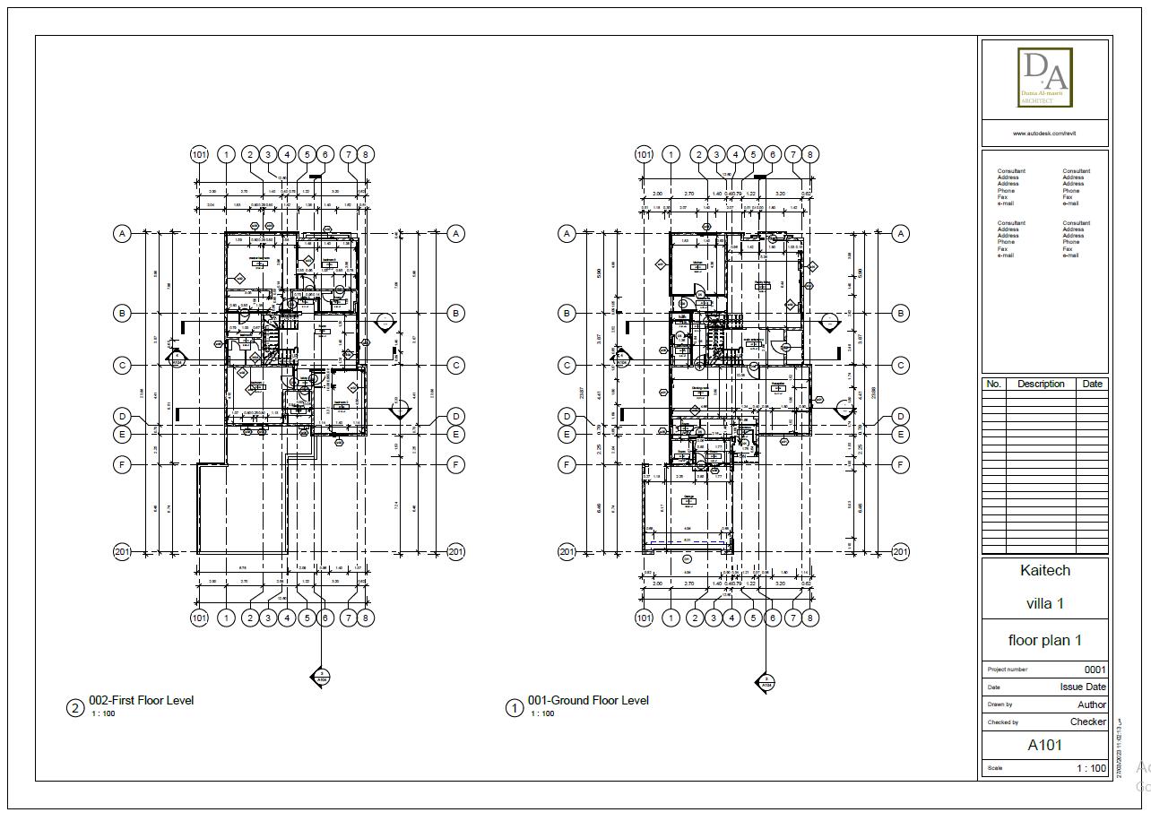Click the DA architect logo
[1044, 77]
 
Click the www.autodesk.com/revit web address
[1044, 134]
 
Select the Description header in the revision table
[1040, 384]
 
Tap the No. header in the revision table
[993, 384]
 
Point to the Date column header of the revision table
[1092, 384]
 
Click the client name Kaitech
[1044, 570]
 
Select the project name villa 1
[1044, 603]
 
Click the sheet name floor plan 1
[1044, 640]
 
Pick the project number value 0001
[1095, 670]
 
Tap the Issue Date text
[1083, 687]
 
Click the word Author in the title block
[1091, 704]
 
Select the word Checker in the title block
[1087, 722]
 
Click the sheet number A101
[1044, 745]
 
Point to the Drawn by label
[1000, 705]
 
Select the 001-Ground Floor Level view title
[587, 700]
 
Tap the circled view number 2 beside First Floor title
[75, 708]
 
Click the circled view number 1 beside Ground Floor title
[515, 708]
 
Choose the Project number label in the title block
[1007, 670]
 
